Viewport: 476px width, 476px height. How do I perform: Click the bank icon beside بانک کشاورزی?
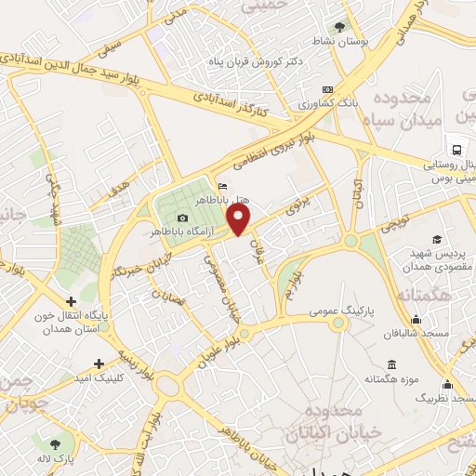click(325, 90)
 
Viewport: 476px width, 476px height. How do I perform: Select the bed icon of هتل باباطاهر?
click(220, 184)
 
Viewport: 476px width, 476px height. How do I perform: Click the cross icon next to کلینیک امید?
click(99, 363)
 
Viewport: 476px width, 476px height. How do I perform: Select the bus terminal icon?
click(456, 149)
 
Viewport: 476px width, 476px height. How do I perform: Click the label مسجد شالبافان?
click(421, 332)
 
